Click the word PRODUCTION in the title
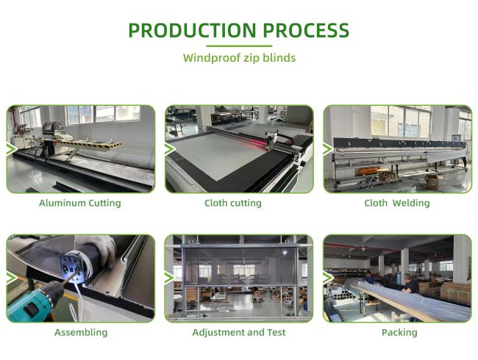click(x=192, y=30)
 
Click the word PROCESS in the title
click(x=306, y=30)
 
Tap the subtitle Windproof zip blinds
click(x=239, y=57)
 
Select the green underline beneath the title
click(x=239, y=46)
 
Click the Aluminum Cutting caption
click(x=80, y=203)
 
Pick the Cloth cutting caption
click(x=233, y=203)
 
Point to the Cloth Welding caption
click(x=397, y=203)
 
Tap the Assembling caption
click(x=81, y=332)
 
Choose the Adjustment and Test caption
click(x=239, y=332)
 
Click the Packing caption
click(x=399, y=332)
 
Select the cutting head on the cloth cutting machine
click(x=271, y=140)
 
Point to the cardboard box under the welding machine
click(x=434, y=181)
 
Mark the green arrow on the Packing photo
click(x=328, y=278)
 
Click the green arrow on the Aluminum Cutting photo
click(x=12, y=149)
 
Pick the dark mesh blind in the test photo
click(x=240, y=267)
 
